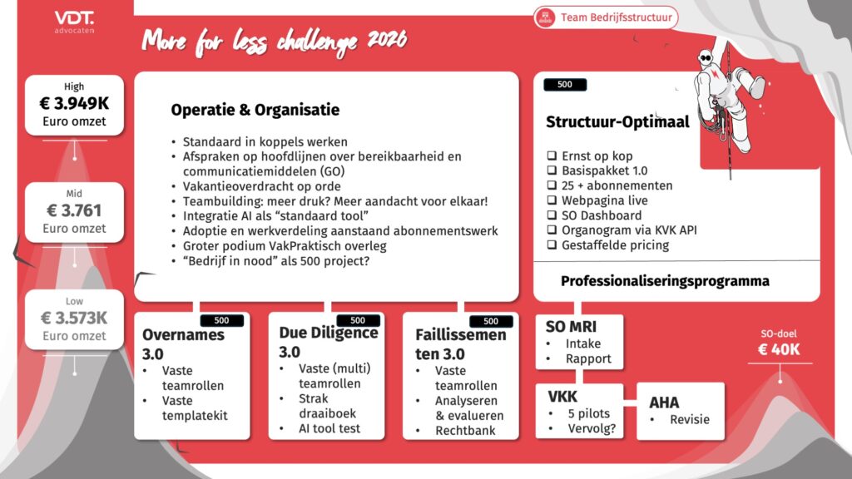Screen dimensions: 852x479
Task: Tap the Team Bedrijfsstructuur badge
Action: tap(606, 17)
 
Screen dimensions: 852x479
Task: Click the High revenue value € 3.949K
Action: tap(74, 102)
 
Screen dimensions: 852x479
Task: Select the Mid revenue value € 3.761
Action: tap(74, 210)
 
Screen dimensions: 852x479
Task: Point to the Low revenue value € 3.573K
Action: tap(74, 318)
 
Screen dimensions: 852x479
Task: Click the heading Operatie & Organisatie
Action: tap(255, 110)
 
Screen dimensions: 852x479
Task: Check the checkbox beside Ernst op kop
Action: tap(552, 156)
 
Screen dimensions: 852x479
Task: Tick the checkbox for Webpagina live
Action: tap(552, 200)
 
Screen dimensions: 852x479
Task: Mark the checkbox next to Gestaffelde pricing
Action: tap(552, 245)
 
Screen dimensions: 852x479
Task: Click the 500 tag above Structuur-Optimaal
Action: tap(565, 84)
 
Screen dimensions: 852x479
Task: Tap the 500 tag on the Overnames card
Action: tap(221, 320)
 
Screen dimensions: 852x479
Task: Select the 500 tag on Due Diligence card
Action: tap(358, 320)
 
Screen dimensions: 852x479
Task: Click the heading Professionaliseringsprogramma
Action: tap(665, 281)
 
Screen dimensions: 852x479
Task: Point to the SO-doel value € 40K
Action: tap(779, 349)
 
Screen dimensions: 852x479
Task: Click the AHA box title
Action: tap(664, 402)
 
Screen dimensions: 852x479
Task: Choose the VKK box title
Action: tap(562, 397)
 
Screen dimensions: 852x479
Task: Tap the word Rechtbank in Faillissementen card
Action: tap(465, 431)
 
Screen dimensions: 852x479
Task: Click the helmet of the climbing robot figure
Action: tap(706, 57)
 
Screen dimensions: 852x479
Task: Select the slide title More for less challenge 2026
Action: tap(275, 42)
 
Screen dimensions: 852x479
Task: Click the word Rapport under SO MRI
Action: tap(588, 359)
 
